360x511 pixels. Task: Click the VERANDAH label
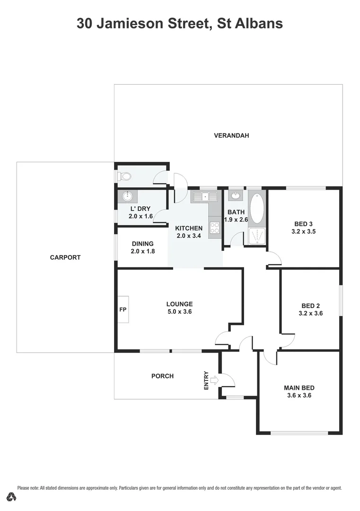tap(231, 135)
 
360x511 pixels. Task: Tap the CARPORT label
tap(65, 257)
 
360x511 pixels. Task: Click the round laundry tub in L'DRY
tap(127, 196)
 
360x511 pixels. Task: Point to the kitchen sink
tap(204, 197)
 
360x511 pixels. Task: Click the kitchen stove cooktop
tap(215, 228)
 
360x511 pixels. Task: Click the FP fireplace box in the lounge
tap(123, 309)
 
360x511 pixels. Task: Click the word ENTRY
tap(206, 380)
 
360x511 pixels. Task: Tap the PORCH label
tap(162, 376)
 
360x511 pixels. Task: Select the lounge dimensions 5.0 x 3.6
tap(179, 311)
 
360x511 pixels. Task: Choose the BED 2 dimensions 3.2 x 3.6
tap(311, 313)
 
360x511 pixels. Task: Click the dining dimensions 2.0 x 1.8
tap(142, 251)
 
